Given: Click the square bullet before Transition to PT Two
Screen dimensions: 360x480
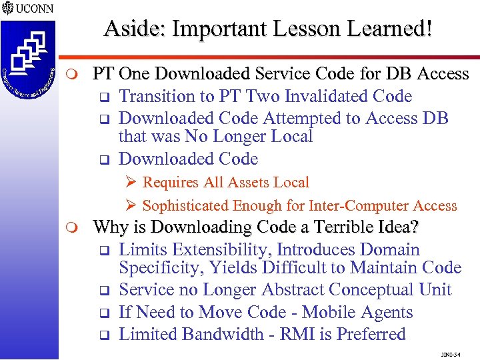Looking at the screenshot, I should (104, 97).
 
